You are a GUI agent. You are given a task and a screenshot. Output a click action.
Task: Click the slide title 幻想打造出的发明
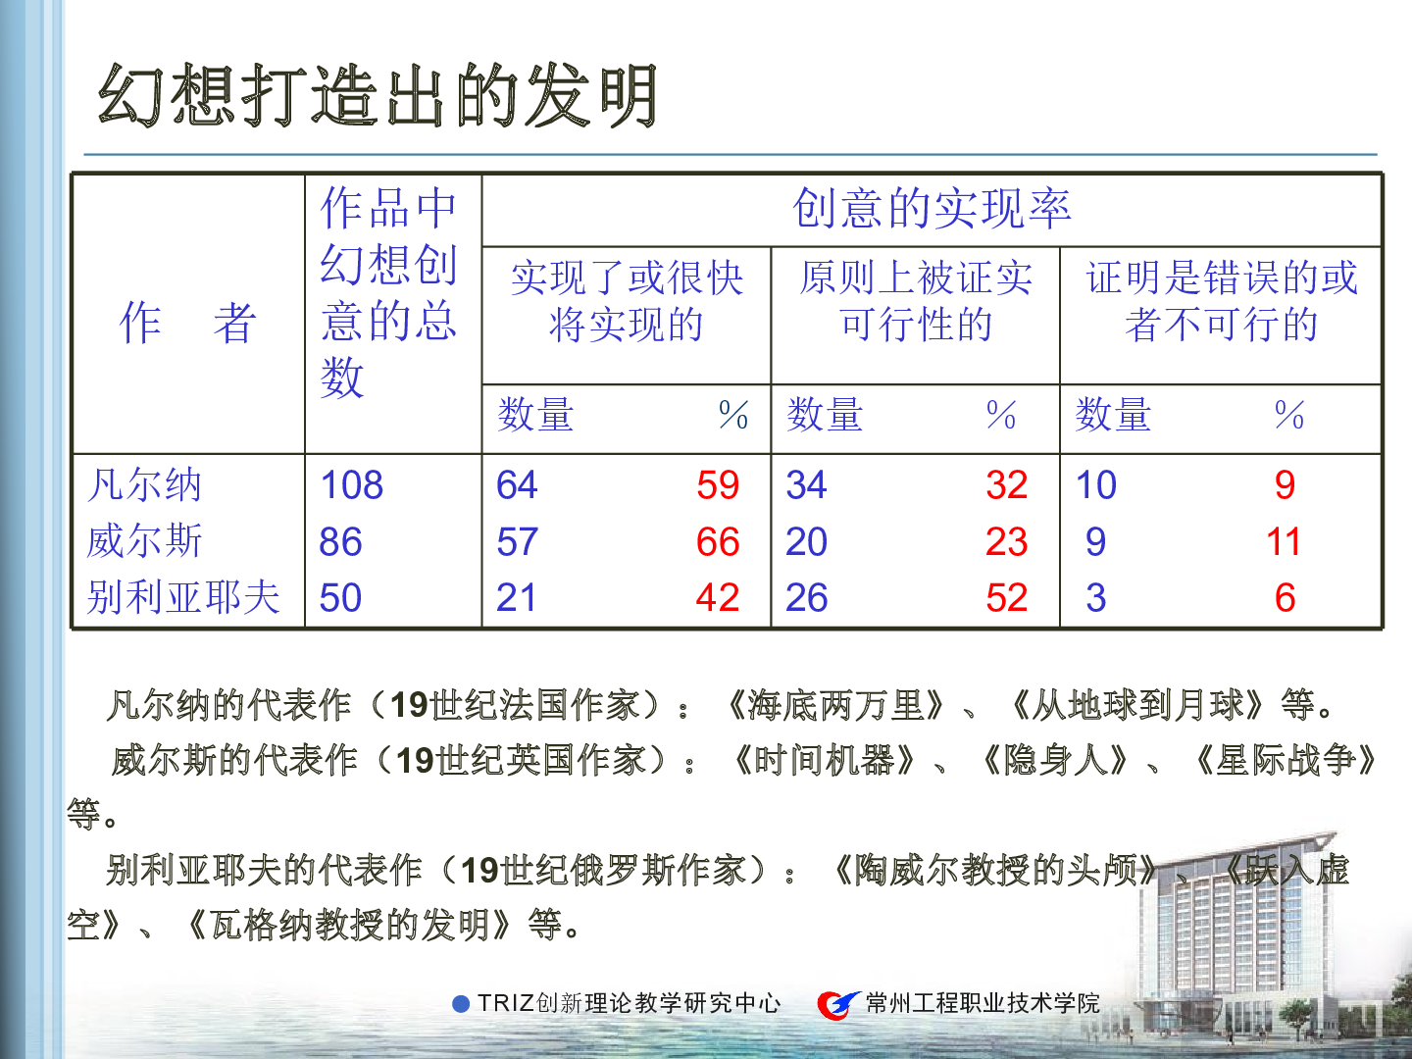pos(378,95)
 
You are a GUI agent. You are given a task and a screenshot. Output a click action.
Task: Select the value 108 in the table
pos(352,484)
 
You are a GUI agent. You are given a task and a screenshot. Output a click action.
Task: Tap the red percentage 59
pos(718,484)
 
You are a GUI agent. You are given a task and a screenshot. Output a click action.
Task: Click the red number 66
pos(718,541)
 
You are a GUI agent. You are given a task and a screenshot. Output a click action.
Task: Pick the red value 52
pos(1007,597)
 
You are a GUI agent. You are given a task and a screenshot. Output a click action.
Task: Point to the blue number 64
pos(517,484)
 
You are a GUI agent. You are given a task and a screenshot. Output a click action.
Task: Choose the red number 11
pos(1284,541)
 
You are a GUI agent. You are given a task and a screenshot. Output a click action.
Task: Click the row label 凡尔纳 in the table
pos(145,484)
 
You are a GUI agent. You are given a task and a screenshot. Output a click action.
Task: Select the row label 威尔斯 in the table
pos(145,541)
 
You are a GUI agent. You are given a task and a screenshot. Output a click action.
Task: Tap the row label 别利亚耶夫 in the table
pos(183,597)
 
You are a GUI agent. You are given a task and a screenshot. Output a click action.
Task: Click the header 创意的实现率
pos(932,209)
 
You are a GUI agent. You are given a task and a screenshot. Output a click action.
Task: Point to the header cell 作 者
pos(188,323)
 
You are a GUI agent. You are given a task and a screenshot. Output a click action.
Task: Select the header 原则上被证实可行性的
pos(916,300)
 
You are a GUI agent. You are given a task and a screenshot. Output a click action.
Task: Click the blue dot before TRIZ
pos(461,1004)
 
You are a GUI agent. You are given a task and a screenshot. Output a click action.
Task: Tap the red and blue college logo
pos(838,1004)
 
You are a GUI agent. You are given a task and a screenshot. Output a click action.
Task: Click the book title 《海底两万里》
pos(834,705)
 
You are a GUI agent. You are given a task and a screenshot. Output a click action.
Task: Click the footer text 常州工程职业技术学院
pos(983,1004)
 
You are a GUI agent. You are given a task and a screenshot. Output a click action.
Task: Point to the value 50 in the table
pos(340,597)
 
